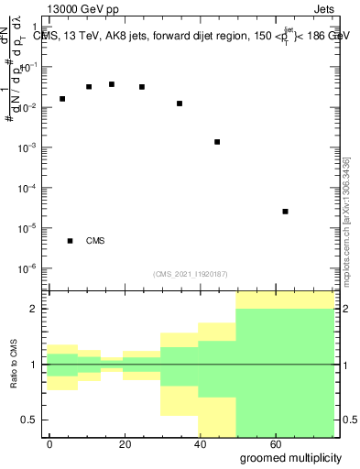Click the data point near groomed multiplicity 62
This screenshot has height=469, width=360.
(x=286, y=212)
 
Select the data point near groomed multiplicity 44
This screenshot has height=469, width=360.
(x=217, y=142)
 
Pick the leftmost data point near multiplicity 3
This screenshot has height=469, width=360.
(x=62, y=99)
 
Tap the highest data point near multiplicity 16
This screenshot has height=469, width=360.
(x=112, y=84)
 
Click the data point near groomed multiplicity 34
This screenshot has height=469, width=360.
(x=180, y=104)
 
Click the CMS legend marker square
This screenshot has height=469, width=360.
(x=71, y=241)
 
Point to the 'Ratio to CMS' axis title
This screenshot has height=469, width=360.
(x=15, y=364)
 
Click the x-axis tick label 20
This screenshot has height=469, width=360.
(x=125, y=442)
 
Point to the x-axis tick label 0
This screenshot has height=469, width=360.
(x=50, y=442)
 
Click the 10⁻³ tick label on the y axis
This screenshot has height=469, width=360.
(x=29, y=147)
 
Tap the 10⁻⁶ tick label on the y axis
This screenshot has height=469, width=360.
(x=29, y=268)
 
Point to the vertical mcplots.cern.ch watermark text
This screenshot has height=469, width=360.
(x=345, y=220)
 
